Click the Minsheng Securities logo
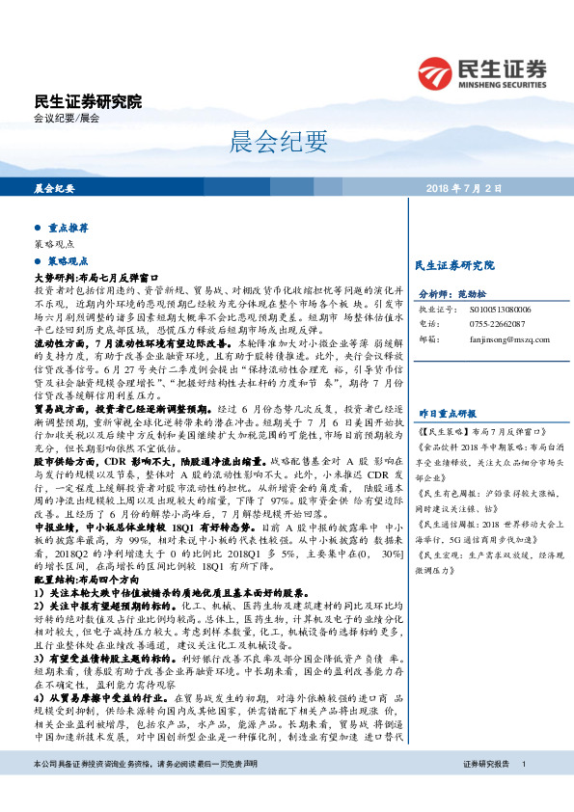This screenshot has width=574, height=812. click(x=481, y=71)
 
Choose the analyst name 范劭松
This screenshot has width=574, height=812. click(x=479, y=295)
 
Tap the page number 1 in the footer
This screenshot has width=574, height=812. click(x=523, y=791)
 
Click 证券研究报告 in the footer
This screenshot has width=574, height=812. click(x=485, y=791)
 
